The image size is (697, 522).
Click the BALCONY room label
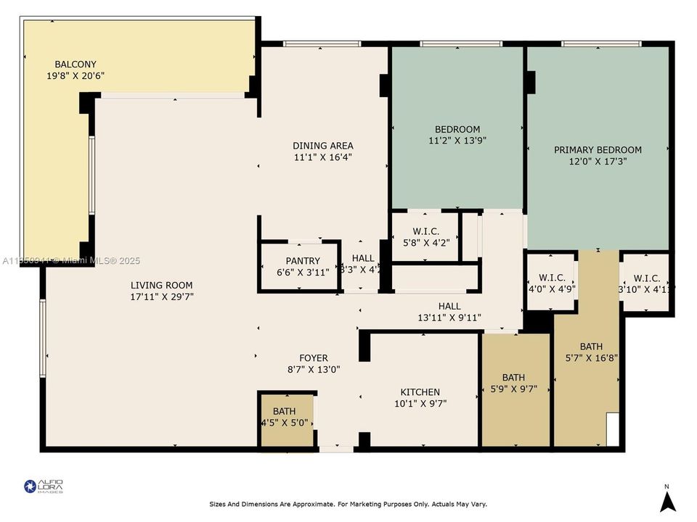click(x=76, y=64)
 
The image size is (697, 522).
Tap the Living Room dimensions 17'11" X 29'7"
click(x=162, y=297)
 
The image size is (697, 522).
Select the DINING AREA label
click(x=323, y=146)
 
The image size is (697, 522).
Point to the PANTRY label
click(x=303, y=260)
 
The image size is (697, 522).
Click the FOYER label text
click(x=314, y=358)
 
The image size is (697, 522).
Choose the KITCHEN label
click(x=417, y=392)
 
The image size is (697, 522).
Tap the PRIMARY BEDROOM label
click(x=598, y=150)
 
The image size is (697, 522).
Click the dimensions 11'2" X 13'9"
click(x=457, y=141)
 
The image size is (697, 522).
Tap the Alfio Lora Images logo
click(x=44, y=486)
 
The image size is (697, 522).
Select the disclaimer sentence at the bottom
click(x=348, y=504)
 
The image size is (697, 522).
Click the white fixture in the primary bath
click(x=612, y=429)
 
